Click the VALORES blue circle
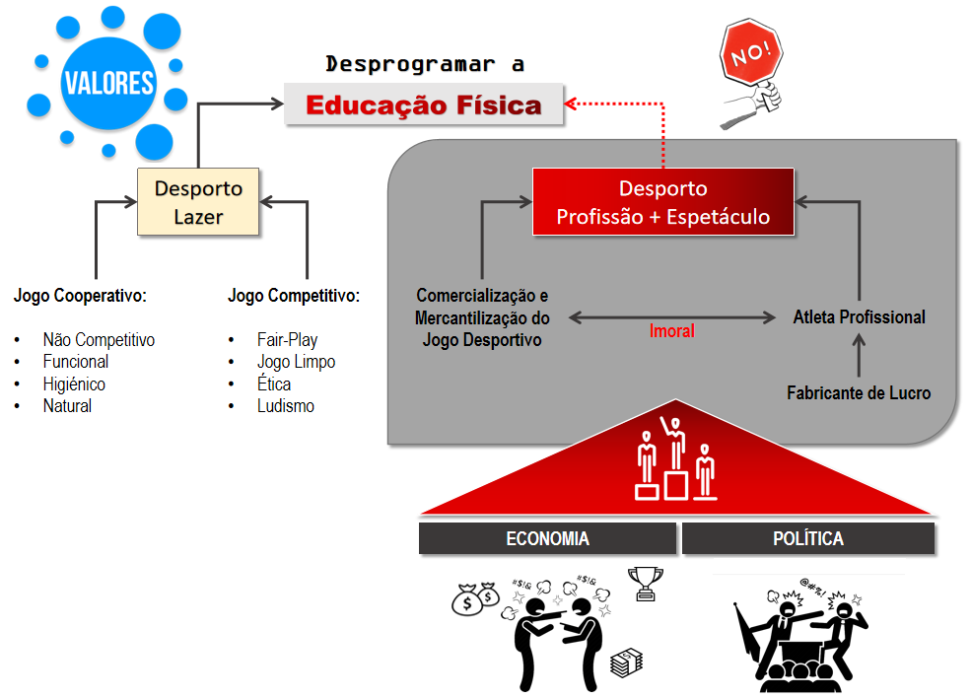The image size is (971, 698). (x=108, y=82)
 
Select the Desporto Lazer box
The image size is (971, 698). (x=198, y=201)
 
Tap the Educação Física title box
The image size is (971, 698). (x=424, y=105)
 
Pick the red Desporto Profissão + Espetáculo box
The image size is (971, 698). (x=662, y=202)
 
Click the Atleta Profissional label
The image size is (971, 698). (x=859, y=317)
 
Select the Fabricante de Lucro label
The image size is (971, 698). (x=858, y=392)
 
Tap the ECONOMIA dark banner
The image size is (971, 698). (x=547, y=539)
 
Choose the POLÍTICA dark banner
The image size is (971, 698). (x=807, y=539)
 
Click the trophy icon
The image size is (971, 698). (x=646, y=582)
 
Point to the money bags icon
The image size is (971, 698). (x=476, y=597)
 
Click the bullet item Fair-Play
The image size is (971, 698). (x=287, y=340)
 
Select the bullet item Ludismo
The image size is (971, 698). (x=285, y=405)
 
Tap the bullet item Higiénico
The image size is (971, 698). (x=74, y=384)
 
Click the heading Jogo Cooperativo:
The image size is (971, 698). (x=80, y=295)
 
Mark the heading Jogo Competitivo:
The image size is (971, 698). (x=293, y=295)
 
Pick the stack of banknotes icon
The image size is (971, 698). (x=623, y=663)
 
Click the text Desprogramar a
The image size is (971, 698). (x=425, y=65)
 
